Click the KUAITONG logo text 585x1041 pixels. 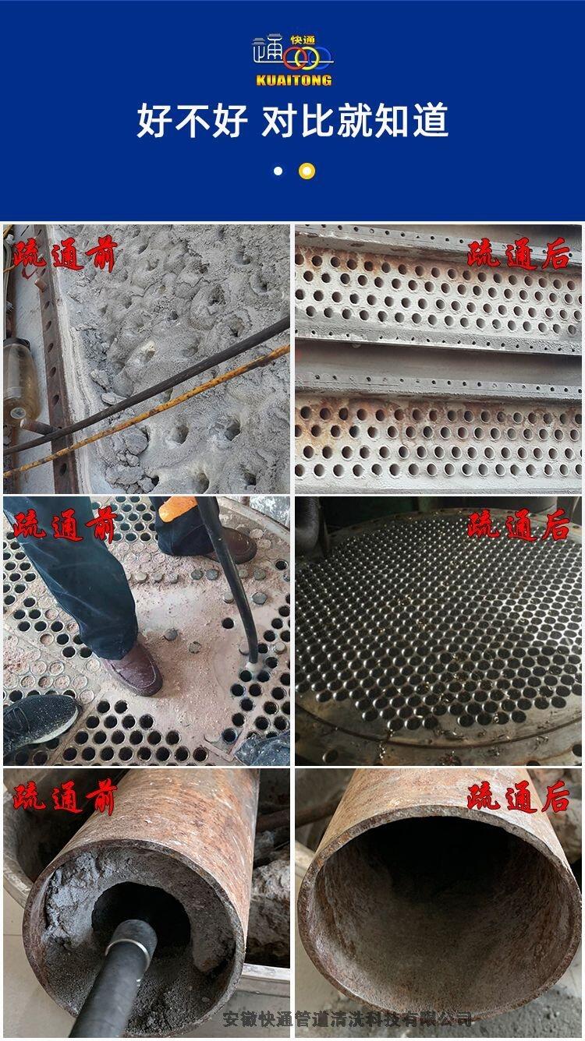(293, 80)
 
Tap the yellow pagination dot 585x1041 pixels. (307, 171)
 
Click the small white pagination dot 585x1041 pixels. (278, 171)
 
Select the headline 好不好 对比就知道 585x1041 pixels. (292, 120)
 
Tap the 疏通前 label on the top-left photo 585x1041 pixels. (64, 255)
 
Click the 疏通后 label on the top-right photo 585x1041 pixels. (519, 254)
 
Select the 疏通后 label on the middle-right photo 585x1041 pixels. (519, 526)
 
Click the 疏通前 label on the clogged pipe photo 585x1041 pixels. (64, 797)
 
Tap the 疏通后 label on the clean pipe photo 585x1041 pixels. (519, 797)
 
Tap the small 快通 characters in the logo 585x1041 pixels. (303, 41)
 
